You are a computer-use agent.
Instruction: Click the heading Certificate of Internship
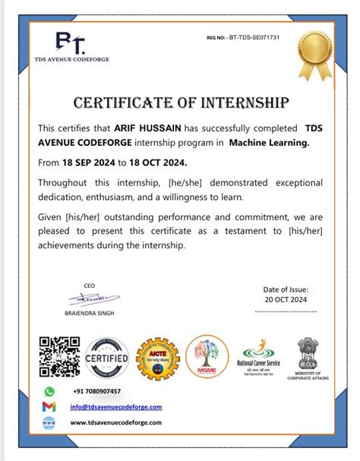pos(181,103)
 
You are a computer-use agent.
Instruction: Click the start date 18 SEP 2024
pos(90,163)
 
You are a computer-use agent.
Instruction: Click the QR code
pos(59,358)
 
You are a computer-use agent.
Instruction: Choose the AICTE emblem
pos(156,358)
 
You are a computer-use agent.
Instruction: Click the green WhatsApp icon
pos(49,391)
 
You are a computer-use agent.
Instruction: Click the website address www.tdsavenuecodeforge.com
pos(115,422)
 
